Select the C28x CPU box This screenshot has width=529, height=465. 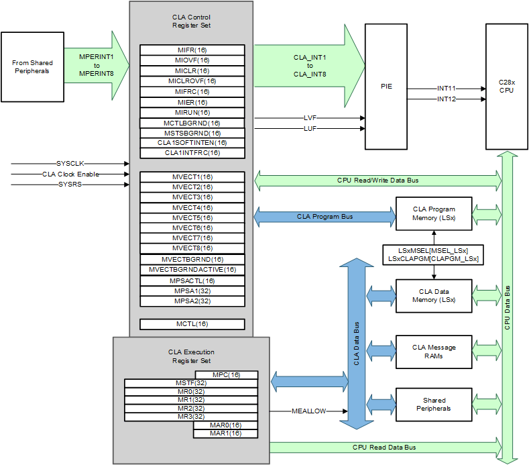[506, 86]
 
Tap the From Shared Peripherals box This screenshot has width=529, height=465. [32, 67]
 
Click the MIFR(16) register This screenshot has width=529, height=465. [192, 50]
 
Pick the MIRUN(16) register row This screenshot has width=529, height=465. [192, 112]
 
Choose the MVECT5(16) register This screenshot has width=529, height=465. [192, 217]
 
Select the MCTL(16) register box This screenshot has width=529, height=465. [192, 324]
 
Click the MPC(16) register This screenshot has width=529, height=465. [226, 374]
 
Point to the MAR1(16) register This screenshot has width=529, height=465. [226, 433]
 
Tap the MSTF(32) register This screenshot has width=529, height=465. [190, 382]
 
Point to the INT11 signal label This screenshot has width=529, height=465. [446, 89]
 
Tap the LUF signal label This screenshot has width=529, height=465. [310, 127]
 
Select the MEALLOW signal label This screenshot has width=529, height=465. [308, 411]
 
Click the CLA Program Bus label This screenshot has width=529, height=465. [325, 217]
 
